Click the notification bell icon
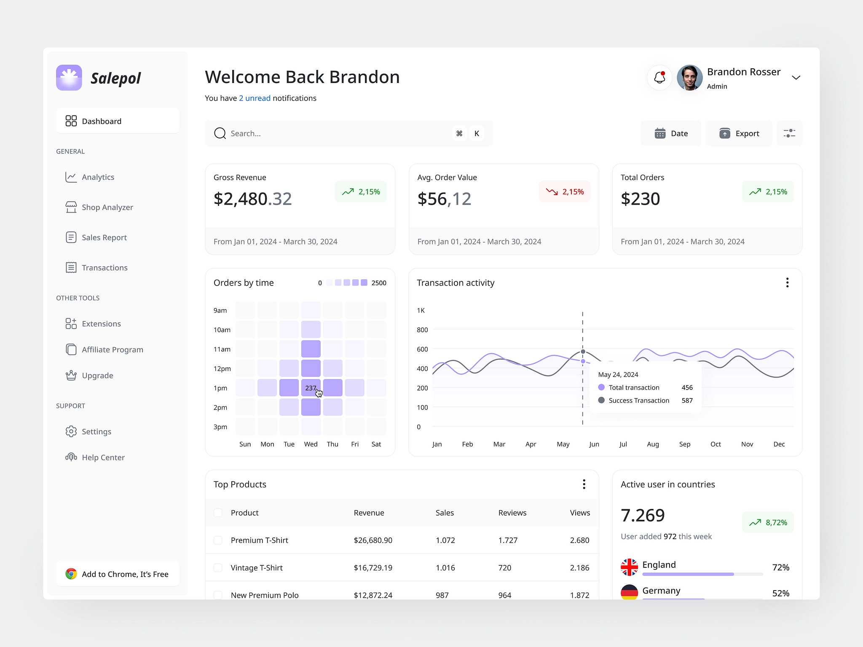[x=659, y=78]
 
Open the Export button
[x=739, y=134]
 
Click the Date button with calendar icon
[x=671, y=134]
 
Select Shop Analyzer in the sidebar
[x=107, y=207]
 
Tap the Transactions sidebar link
[x=105, y=267]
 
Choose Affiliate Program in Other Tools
[x=112, y=350]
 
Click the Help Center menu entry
[x=103, y=457]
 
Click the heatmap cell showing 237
[x=311, y=388]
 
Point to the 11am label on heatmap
[x=222, y=349]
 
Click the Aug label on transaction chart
[x=653, y=444]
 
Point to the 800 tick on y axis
[x=422, y=330]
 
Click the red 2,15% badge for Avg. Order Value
[x=565, y=192]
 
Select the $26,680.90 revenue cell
[x=373, y=540]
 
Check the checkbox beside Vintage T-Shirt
[x=218, y=568]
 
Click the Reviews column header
[x=512, y=513]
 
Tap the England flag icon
[x=629, y=567]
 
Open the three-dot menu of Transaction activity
[x=787, y=283]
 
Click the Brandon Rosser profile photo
[x=689, y=78]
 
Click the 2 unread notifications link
[x=255, y=98]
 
